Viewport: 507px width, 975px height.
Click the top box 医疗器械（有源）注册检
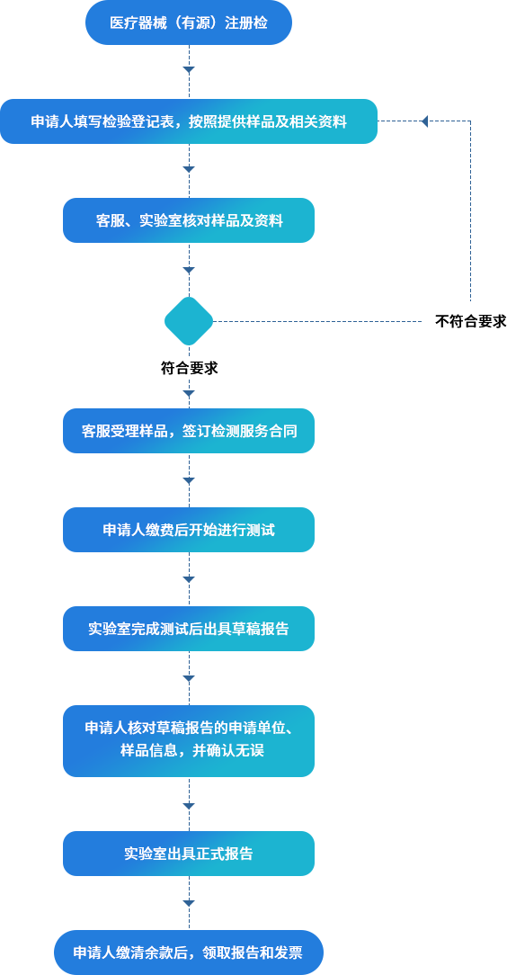point(189,22)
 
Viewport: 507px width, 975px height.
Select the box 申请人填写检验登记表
point(189,121)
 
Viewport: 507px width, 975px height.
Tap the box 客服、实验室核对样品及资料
point(189,220)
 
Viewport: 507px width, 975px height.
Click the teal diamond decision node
point(189,321)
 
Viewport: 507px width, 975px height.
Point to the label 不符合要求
point(470,321)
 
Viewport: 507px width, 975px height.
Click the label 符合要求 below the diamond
point(189,368)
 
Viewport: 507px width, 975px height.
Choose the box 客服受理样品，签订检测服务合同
point(189,431)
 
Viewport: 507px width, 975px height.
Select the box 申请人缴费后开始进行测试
point(189,530)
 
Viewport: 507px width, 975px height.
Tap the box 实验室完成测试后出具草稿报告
point(189,629)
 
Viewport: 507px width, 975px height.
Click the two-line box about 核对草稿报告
point(189,741)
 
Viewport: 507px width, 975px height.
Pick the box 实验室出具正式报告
point(189,854)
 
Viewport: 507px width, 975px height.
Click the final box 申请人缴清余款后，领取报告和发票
point(189,953)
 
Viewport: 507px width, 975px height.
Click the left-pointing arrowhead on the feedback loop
point(424,121)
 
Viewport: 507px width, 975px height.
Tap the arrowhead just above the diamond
point(189,271)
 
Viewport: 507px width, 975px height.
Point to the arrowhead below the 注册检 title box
point(189,70)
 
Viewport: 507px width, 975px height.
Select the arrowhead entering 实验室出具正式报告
point(189,806)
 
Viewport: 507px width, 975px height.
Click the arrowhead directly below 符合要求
point(189,394)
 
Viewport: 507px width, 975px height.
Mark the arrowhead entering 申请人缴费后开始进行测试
point(189,480)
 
